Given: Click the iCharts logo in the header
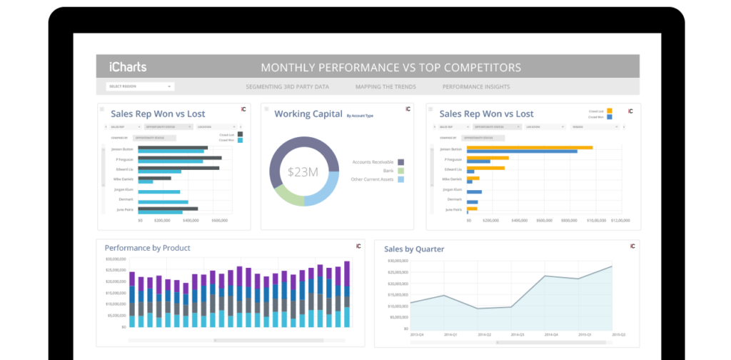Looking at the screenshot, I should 128,67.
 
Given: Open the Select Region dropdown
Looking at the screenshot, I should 140,86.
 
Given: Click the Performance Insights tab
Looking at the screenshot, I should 475,86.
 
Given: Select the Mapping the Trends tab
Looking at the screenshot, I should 385,86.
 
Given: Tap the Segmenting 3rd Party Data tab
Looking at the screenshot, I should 287,86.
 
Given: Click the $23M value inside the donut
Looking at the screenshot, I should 303,171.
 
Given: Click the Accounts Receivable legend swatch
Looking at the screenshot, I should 401,162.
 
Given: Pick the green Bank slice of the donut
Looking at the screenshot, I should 286,193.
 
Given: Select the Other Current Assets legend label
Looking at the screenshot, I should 373,179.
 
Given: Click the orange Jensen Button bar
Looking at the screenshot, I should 529,147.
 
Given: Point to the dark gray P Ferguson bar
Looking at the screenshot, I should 179,158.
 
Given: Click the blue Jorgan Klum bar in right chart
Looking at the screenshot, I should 474,192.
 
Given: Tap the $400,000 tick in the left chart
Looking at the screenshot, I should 191,221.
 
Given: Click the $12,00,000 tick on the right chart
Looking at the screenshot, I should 619,221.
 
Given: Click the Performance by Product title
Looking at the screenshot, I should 147,248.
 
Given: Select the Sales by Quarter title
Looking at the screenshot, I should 414,249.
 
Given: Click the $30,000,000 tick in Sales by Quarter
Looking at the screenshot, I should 397,261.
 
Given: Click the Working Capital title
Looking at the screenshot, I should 308,114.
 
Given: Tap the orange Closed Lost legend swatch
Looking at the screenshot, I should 609,111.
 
